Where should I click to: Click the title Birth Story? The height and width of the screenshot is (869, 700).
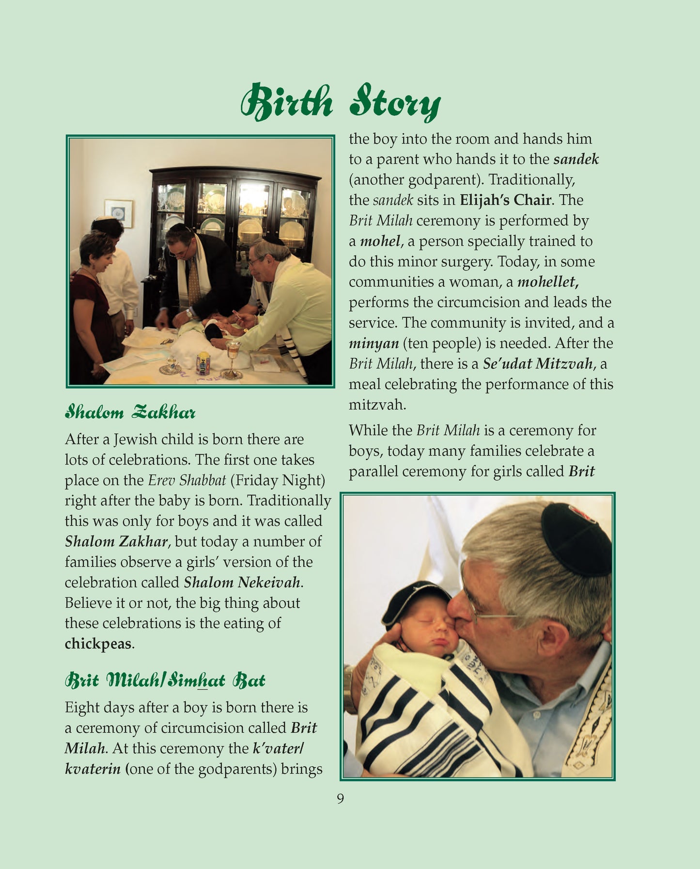click(340, 103)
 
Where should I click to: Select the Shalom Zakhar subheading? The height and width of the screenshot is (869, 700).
click(130, 413)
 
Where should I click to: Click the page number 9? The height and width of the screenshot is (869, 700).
click(340, 799)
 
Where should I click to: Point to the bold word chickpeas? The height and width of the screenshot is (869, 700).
click(98, 644)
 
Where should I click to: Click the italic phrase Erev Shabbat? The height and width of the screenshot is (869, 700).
click(187, 480)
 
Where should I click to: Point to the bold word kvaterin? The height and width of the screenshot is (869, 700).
click(93, 769)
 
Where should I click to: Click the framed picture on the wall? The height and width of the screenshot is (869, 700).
click(118, 213)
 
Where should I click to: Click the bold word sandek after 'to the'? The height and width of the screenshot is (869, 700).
click(576, 159)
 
